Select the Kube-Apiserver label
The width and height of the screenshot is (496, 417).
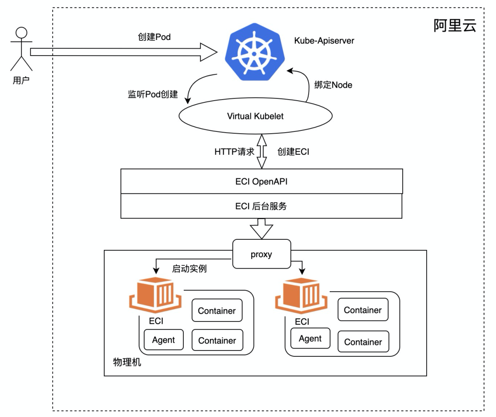(324, 40)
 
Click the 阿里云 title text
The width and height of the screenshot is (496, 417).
(455, 25)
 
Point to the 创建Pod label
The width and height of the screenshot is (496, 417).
(154, 37)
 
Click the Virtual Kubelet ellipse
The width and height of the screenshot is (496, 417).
(255, 116)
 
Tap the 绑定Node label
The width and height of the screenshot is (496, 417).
(333, 85)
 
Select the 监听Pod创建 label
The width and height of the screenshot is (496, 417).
(152, 95)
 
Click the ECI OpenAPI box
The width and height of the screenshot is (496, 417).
(261, 181)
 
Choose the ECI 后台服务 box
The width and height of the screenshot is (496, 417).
(261, 206)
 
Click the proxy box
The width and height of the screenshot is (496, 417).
(261, 254)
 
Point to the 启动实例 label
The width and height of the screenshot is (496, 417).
(189, 269)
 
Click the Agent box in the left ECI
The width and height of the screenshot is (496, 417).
(163, 340)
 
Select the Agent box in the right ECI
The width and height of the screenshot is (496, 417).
(310, 339)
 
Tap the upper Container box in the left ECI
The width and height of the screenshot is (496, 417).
(217, 311)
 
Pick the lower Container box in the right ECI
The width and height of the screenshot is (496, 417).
(363, 342)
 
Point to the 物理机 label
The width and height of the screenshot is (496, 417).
(127, 362)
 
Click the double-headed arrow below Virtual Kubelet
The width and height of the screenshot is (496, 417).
(261, 152)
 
